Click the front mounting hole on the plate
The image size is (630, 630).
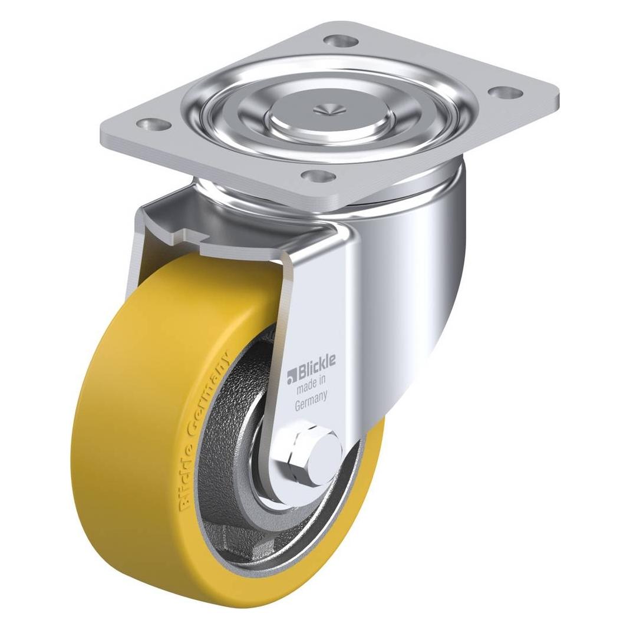[319, 176]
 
